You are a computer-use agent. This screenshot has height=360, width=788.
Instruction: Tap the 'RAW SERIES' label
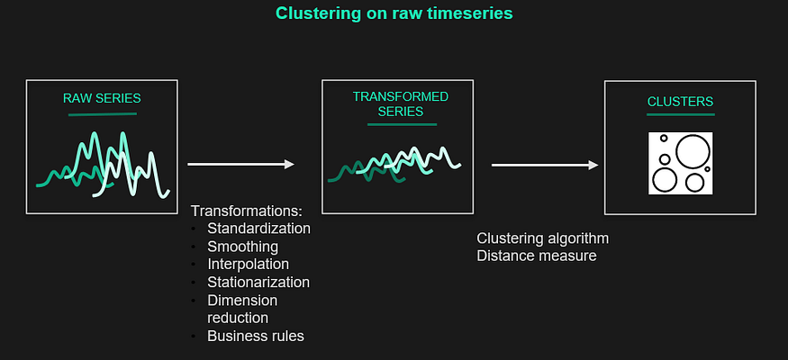(x=102, y=97)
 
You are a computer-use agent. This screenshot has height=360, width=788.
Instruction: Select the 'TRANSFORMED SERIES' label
(x=400, y=103)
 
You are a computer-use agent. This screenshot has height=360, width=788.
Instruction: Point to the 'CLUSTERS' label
(x=680, y=102)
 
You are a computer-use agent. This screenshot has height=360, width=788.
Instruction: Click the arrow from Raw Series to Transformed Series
(x=240, y=164)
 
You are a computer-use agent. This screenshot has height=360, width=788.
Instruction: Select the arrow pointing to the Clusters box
(x=545, y=165)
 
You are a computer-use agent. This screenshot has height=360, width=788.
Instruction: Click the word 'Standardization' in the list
(x=258, y=229)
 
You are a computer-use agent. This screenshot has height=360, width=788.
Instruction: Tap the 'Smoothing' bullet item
(x=242, y=247)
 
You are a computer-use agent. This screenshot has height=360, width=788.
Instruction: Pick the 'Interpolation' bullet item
(x=248, y=265)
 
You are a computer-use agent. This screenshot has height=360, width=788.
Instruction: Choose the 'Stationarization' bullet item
(x=258, y=283)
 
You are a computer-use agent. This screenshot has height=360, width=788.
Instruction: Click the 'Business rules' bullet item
(x=255, y=337)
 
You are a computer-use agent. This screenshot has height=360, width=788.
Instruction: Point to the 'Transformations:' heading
(x=240, y=211)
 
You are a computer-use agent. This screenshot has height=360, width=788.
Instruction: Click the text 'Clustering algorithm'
(x=542, y=238)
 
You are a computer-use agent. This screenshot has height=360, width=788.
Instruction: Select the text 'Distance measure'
(x=536, y=256)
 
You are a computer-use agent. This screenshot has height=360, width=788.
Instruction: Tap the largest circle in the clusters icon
(x=693, y=152)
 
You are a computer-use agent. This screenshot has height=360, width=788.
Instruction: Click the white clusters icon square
(x=680, y=163)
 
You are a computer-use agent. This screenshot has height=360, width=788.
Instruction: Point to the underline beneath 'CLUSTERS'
(x=680, y=114)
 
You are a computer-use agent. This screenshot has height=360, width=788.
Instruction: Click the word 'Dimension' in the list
(x=242, y=301)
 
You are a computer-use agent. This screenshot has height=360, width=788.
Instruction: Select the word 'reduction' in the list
(x=238, y=318)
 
